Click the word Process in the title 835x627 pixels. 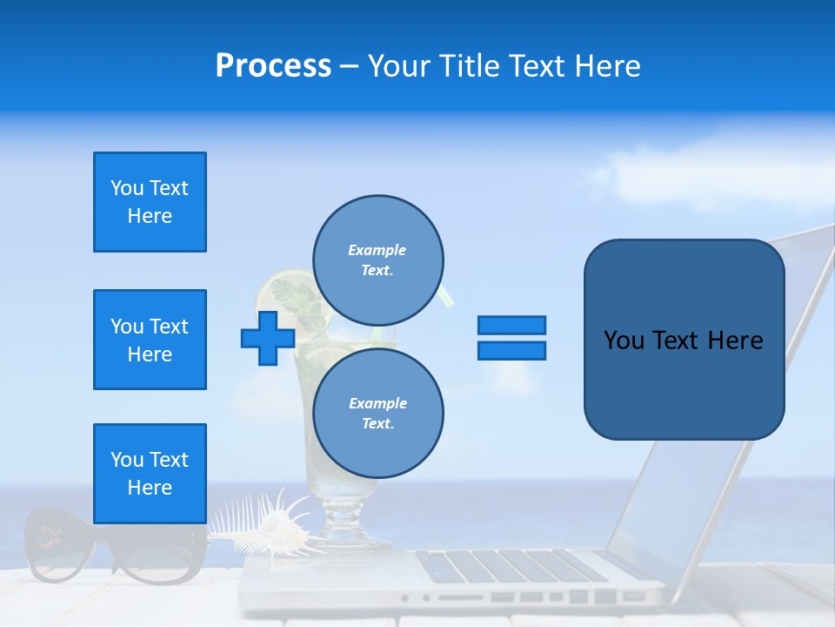(273, 66)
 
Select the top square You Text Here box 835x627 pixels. (150, 202)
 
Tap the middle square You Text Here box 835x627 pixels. (150, 340)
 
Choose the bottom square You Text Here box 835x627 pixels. (150, 474)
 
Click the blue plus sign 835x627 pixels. (268, 338)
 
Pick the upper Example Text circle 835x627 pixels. (378, 260)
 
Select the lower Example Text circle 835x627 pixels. (378, 414)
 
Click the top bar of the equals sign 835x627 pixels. (511, 325)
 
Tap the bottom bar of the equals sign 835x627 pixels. (511, 351)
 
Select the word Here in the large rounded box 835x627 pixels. (735, 340)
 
